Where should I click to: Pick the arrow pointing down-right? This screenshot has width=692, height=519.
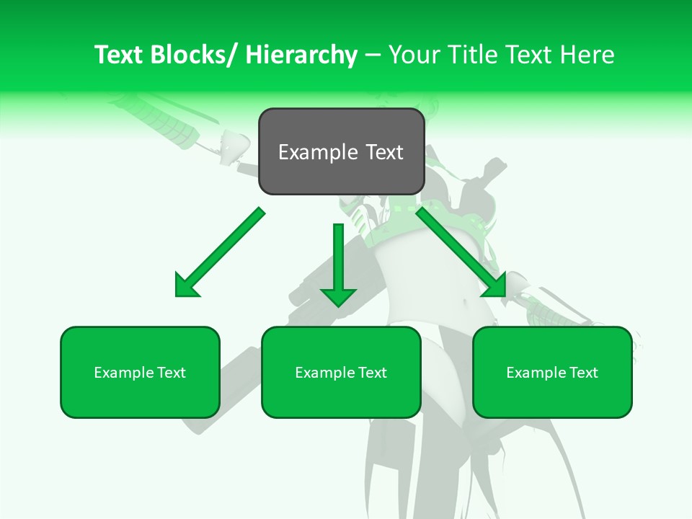tap(461, 252)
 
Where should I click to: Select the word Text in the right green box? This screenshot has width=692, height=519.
tap(582, 373)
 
